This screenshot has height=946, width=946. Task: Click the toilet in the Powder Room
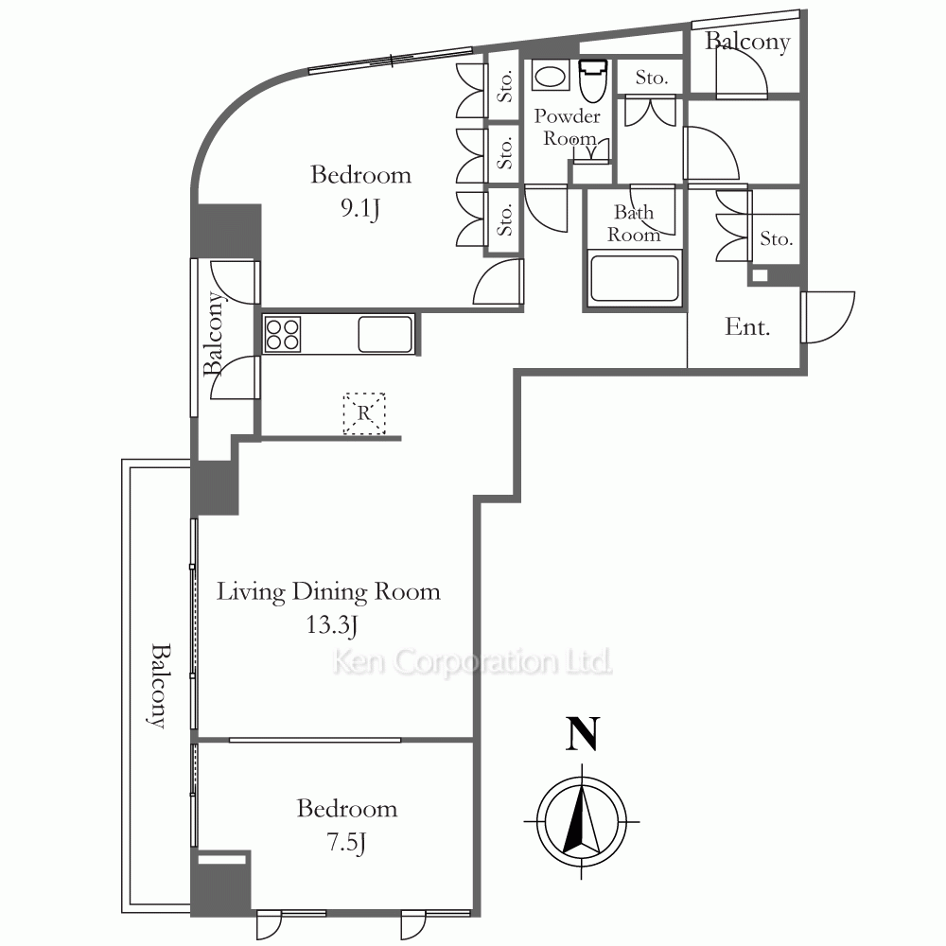pos(592,80)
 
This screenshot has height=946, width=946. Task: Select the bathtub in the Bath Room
pos(634,278)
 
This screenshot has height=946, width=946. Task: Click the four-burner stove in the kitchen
pos(282,334)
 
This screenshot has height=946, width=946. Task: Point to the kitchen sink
pos(385,334)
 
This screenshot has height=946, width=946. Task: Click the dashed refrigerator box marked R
pos(364,413)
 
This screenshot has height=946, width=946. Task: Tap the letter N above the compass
pos(582,734)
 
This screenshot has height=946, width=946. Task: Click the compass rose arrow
pos(582,821)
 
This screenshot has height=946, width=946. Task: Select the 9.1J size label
pos(360,209)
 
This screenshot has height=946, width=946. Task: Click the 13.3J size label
pos(331,625)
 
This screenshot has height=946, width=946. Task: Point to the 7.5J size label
pos(346,842)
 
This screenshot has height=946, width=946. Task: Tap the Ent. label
pos(747,327)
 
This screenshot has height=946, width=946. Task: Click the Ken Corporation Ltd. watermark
pos(472,662)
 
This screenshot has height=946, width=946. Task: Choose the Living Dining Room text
pos(328,592)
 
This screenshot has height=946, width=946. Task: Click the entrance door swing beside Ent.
pos(828,317)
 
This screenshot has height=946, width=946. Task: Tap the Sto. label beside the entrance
pos(776,239)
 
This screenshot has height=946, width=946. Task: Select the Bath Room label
pos(634,223)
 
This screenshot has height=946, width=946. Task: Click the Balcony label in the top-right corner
pos(747,43)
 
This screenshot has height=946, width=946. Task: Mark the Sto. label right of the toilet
pos(652,78)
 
